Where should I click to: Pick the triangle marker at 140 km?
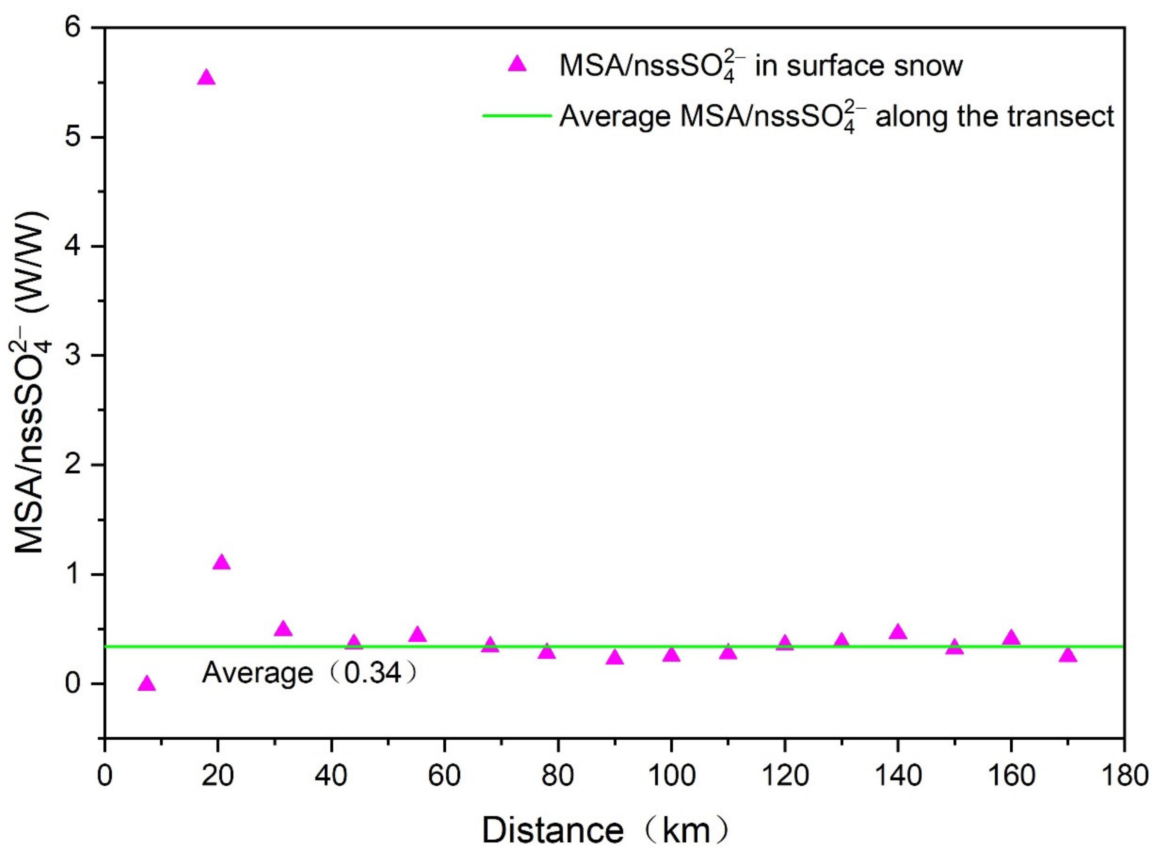898,632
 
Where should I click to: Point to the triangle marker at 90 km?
615,658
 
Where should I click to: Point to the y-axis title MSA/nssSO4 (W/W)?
32,382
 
